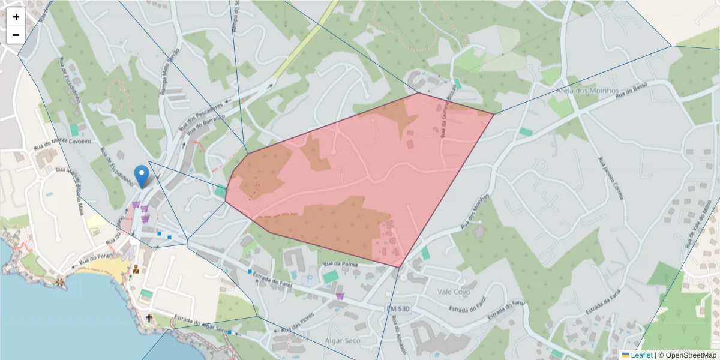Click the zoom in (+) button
(16, 17)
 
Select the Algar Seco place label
(341, 340)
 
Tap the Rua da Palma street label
(340, 263)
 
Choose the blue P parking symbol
(310, 278)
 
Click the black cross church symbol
(149, 317)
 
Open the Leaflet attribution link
(641, 355)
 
